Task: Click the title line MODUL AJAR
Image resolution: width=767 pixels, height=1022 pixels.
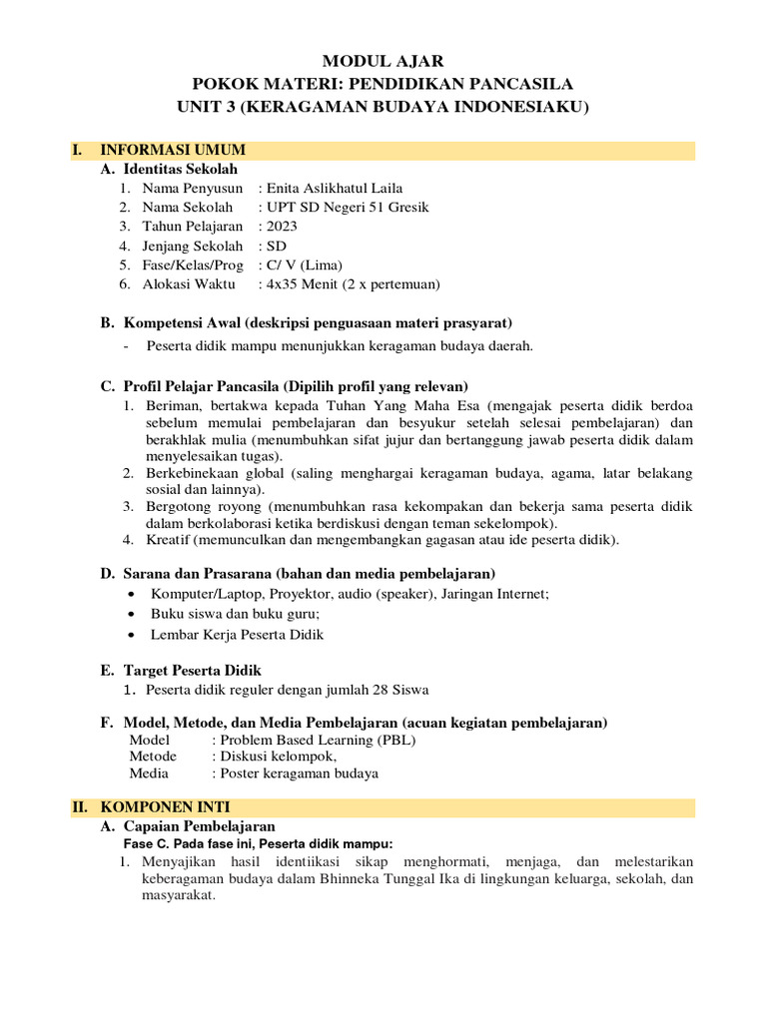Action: tap(383, 62)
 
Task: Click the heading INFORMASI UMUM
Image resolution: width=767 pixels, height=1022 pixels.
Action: tap(173, 150)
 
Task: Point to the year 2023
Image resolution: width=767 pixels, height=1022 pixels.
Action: tap(281, 226)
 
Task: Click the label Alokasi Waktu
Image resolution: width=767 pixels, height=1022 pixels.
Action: tap(189, 283)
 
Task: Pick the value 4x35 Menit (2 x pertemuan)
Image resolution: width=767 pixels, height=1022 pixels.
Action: tap(350, 283)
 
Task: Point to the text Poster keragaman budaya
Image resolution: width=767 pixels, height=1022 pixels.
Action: tap(299, 772)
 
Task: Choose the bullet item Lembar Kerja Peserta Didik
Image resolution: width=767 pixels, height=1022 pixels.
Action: tap(237, 634)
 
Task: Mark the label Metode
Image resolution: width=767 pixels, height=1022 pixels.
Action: tap(153, 757)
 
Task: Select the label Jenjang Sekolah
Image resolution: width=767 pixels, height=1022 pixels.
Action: tap(193, 245)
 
